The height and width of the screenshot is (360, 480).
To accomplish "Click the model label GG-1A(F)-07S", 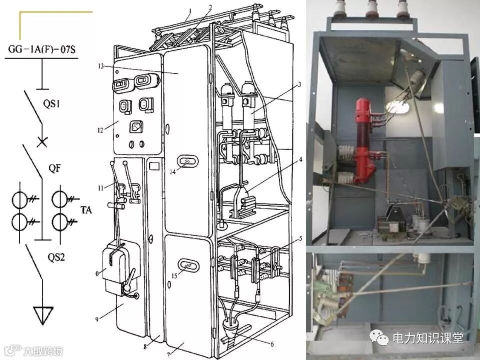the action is pos(41,49).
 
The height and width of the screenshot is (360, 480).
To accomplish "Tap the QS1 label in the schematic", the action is pos(51,104).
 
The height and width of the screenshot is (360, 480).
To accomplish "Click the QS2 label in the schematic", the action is pos(56,257).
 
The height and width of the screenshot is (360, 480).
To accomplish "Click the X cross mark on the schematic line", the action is pos(42,141).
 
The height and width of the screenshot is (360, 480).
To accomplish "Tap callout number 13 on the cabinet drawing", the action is pos(101,65).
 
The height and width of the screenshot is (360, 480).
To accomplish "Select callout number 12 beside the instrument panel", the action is pos(100,130).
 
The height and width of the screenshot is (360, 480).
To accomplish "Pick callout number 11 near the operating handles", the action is pos(100,188).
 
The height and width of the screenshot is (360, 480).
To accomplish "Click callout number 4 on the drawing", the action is pos(300,159).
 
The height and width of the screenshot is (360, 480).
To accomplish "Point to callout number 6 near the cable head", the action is pos(272,344).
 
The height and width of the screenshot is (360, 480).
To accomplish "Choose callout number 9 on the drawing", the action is pos(97,319).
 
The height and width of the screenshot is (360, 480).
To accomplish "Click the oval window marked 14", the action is pos(187,161).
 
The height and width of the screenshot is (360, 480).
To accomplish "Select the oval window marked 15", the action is pos(188,265).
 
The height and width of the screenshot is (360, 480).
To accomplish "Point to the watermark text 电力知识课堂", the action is pos(428,338).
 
